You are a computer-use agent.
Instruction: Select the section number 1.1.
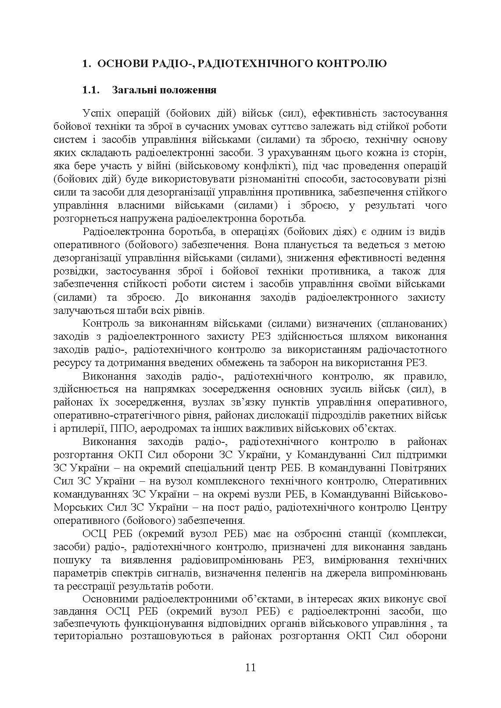click(x=92, y=90)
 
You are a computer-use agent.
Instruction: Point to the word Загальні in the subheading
click(x=134, y=90)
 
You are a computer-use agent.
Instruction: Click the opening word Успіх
click(x=99, y=114)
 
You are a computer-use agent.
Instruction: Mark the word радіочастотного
click(x=404, y=350)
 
